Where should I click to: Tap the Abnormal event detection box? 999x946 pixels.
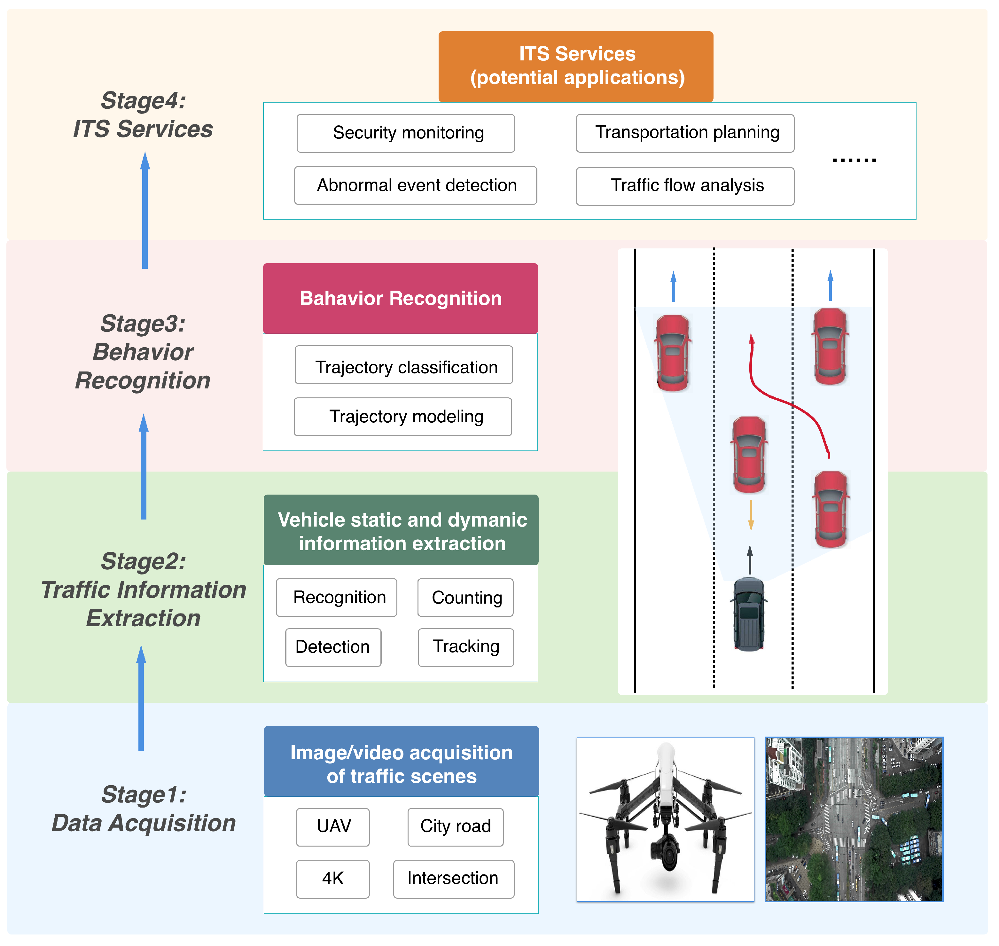tap(416, 185)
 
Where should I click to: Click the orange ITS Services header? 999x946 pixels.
tap(576, 66)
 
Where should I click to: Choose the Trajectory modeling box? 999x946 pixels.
tap(403, 417)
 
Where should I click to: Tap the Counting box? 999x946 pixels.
tap(465, 598)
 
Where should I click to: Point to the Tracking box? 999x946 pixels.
tap(466, 647)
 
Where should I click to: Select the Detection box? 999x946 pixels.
tap(333, 647)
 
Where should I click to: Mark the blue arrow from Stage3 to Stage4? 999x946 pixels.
tap(145, 211)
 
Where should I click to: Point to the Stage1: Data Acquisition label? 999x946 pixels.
tap(144, 809)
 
